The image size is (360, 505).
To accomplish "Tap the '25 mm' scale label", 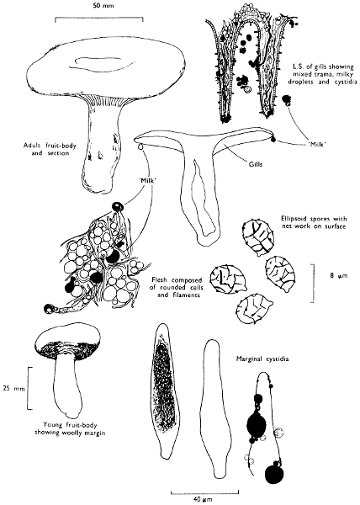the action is (x=13, y=388).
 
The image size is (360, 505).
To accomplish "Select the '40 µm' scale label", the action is (x=203, y=499).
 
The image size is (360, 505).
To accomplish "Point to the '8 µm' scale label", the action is (x=339, y=275).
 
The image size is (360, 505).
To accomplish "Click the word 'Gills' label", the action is (x=255, y=164).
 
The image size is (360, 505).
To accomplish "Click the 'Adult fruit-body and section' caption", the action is (x=50, y=150).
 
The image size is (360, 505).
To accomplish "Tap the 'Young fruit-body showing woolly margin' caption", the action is (x=70, y=428).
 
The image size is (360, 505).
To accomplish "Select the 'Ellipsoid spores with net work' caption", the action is (x=314, y=222).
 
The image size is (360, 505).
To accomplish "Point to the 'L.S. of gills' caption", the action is (x=320, y=74).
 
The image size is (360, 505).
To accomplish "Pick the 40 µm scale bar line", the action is (x=204, y=492).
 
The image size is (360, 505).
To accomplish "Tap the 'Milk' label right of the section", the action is (x=315, y=145).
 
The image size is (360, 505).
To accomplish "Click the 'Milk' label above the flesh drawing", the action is (x=149, y=181).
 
